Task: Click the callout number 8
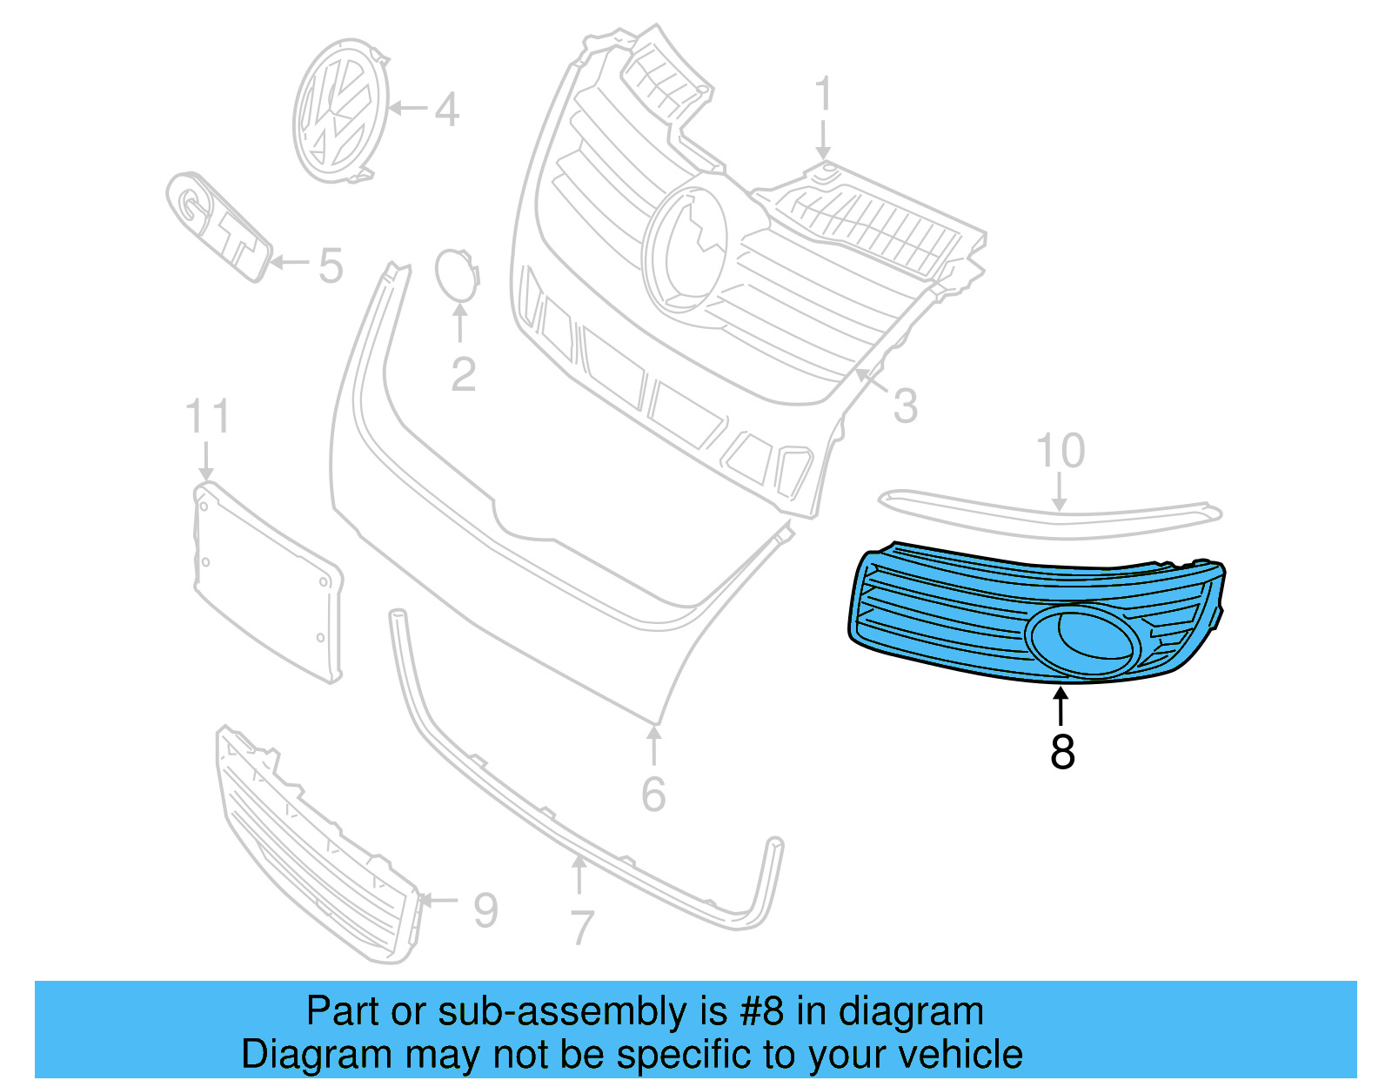(x=1062, y=751)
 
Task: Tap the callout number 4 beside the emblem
(x=446, y=111)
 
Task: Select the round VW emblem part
(x=339, y=111)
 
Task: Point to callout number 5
(x=330, y=265)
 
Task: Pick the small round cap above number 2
(x=457, y=273)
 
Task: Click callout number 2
(x=463, y=375)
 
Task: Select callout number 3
(x=905, y=406)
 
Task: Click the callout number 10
(x=1061, y=451)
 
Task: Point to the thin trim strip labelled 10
(x=1044, y=516)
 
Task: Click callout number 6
(x=653, y=795)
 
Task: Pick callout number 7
(x=582, y=928)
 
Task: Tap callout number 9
(x=485, y=910)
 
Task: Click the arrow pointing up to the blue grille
(x=1061, y=706)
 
